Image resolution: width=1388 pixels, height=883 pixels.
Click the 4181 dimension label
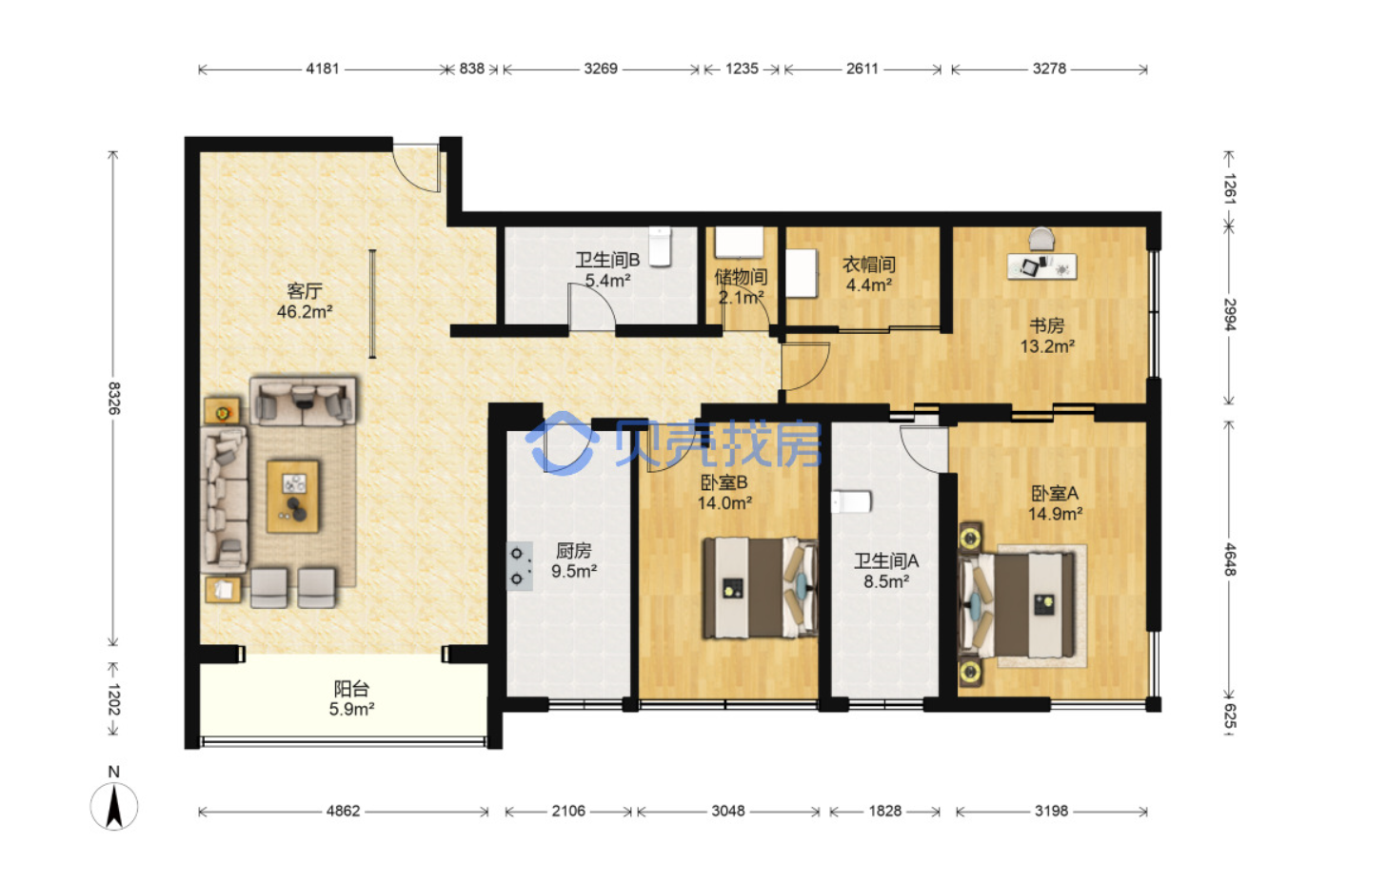pos(323,69)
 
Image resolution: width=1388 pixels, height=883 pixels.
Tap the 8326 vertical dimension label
pos(114,398)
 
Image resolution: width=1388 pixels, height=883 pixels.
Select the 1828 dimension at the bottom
pos(884,811)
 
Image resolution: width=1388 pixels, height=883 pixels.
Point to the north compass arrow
pos(114,806)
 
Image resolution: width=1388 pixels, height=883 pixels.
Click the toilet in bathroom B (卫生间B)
pos(660,246)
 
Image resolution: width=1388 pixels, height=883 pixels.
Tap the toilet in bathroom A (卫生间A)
pos(851,501)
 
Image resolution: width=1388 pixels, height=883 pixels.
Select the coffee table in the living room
pos(293,496)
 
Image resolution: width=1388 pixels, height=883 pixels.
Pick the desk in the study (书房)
pos(1041,266)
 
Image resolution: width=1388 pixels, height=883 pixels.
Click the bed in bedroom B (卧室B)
pos(760,588)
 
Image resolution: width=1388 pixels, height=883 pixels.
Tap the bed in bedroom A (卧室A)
pos(1016,605)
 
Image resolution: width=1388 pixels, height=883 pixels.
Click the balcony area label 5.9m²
pos(351,709)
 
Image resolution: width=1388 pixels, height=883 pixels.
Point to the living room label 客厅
pos(305,290)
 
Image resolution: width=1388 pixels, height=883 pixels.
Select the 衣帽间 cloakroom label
pos(869,265)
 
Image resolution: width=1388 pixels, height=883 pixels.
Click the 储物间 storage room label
pos(741,277)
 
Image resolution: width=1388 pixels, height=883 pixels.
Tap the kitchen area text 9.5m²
pos(574,570)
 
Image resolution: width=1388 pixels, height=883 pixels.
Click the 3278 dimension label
pos(1049,69)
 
